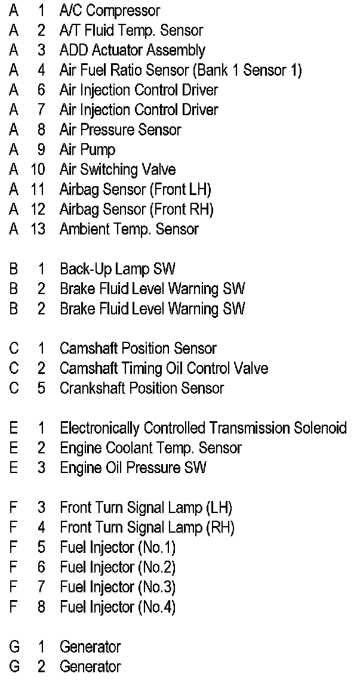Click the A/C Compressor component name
(110, 11)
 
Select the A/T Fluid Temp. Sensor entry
(131, 30)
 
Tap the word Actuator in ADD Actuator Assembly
(116, 51)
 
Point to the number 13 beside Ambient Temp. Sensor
(38, 229)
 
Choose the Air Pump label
(87, 150)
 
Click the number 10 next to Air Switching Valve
(38, 169)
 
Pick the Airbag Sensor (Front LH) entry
(135, 190)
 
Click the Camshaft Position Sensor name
(138, 348)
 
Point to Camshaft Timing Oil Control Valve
(164, 369)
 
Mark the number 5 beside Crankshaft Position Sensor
(41, 388)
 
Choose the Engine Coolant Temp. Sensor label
(150, 448)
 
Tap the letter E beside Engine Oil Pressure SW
(13, 468)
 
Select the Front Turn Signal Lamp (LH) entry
(146, 508)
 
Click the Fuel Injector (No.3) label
(118, 587)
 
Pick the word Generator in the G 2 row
(90, 666)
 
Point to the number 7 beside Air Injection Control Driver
(41, 110)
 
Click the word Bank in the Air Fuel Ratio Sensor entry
(211, 70)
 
